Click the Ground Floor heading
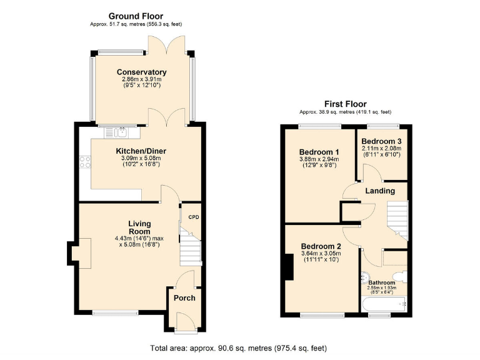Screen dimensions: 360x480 tap(136, 16)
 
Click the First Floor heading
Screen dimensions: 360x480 tap(345, 104)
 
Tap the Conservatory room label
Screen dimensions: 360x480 tap(141, 72)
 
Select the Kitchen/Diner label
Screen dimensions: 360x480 tap(141, 151)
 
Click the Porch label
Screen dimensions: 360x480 tap(184, 297)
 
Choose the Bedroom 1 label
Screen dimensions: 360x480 tap(319, 152)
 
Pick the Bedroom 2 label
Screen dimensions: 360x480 tap(320, 246)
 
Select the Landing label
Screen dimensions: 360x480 tap(379, 191)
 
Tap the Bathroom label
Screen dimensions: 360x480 tap(381, 282)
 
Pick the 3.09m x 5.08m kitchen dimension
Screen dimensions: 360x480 tap(141, 159)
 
